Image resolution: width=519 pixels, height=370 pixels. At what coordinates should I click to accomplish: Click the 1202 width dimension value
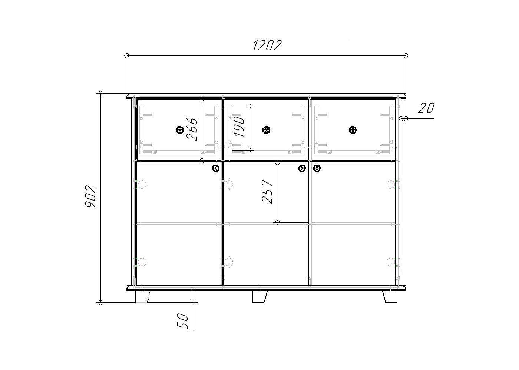pos(267,45)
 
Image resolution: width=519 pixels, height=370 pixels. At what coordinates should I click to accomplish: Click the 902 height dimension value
pos(90,196)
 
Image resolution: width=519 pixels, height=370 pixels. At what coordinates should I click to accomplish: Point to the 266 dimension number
pos(192,129)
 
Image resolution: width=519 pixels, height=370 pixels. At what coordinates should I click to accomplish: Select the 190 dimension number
pos(239,127)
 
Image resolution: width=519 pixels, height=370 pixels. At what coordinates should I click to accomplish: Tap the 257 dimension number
pos(267,192)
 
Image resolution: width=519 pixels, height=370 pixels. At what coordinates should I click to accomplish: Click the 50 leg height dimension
pos(182,321)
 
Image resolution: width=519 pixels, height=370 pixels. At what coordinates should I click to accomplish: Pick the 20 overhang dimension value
pos(426,108)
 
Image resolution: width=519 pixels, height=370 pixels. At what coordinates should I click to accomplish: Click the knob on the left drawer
pos(180,130)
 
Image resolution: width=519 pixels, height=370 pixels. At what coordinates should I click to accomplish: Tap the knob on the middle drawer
pos(266,130)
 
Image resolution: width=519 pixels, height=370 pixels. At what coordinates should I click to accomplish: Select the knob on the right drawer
pos(353,130)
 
